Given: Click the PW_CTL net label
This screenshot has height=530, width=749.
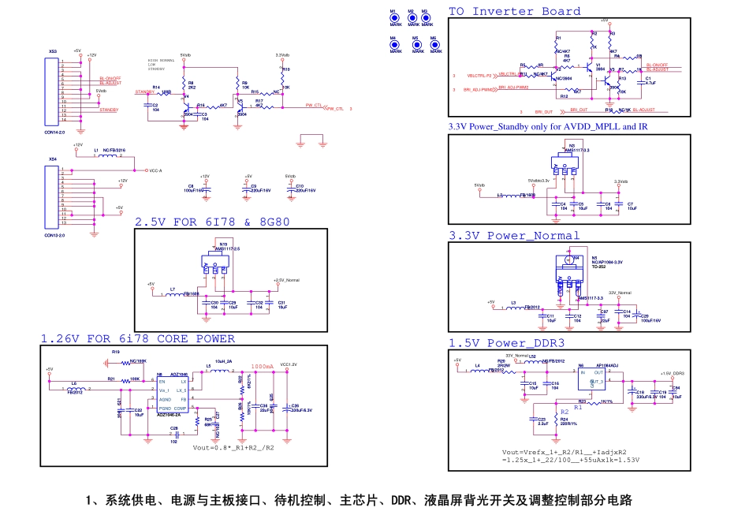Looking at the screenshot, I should coord(335,108).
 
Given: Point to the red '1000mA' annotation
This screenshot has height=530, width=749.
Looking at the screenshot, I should coord(262,367).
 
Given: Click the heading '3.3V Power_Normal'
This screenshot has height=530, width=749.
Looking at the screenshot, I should coord(513,235).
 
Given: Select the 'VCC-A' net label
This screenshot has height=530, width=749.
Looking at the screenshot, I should coord(155,170).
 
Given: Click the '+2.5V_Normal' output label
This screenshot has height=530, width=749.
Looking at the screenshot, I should coord(286,280).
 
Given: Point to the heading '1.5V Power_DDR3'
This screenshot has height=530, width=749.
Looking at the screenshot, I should coord(506,343).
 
